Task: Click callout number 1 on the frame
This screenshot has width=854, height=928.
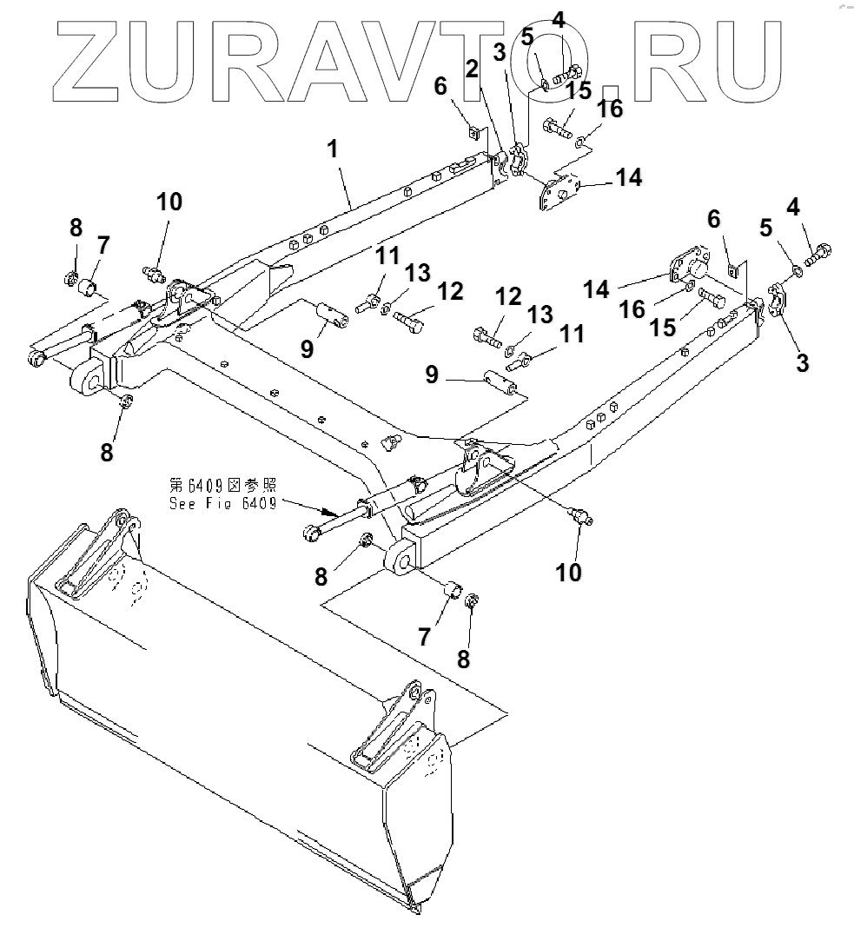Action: (332, 149)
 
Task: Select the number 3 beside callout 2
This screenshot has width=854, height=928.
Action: (500, 51)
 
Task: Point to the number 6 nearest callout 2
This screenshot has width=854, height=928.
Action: (440, 84)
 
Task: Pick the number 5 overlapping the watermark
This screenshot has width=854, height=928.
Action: (526, 39)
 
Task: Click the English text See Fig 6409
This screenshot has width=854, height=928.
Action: (222, 504)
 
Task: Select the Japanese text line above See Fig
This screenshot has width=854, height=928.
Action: (222, 486)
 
